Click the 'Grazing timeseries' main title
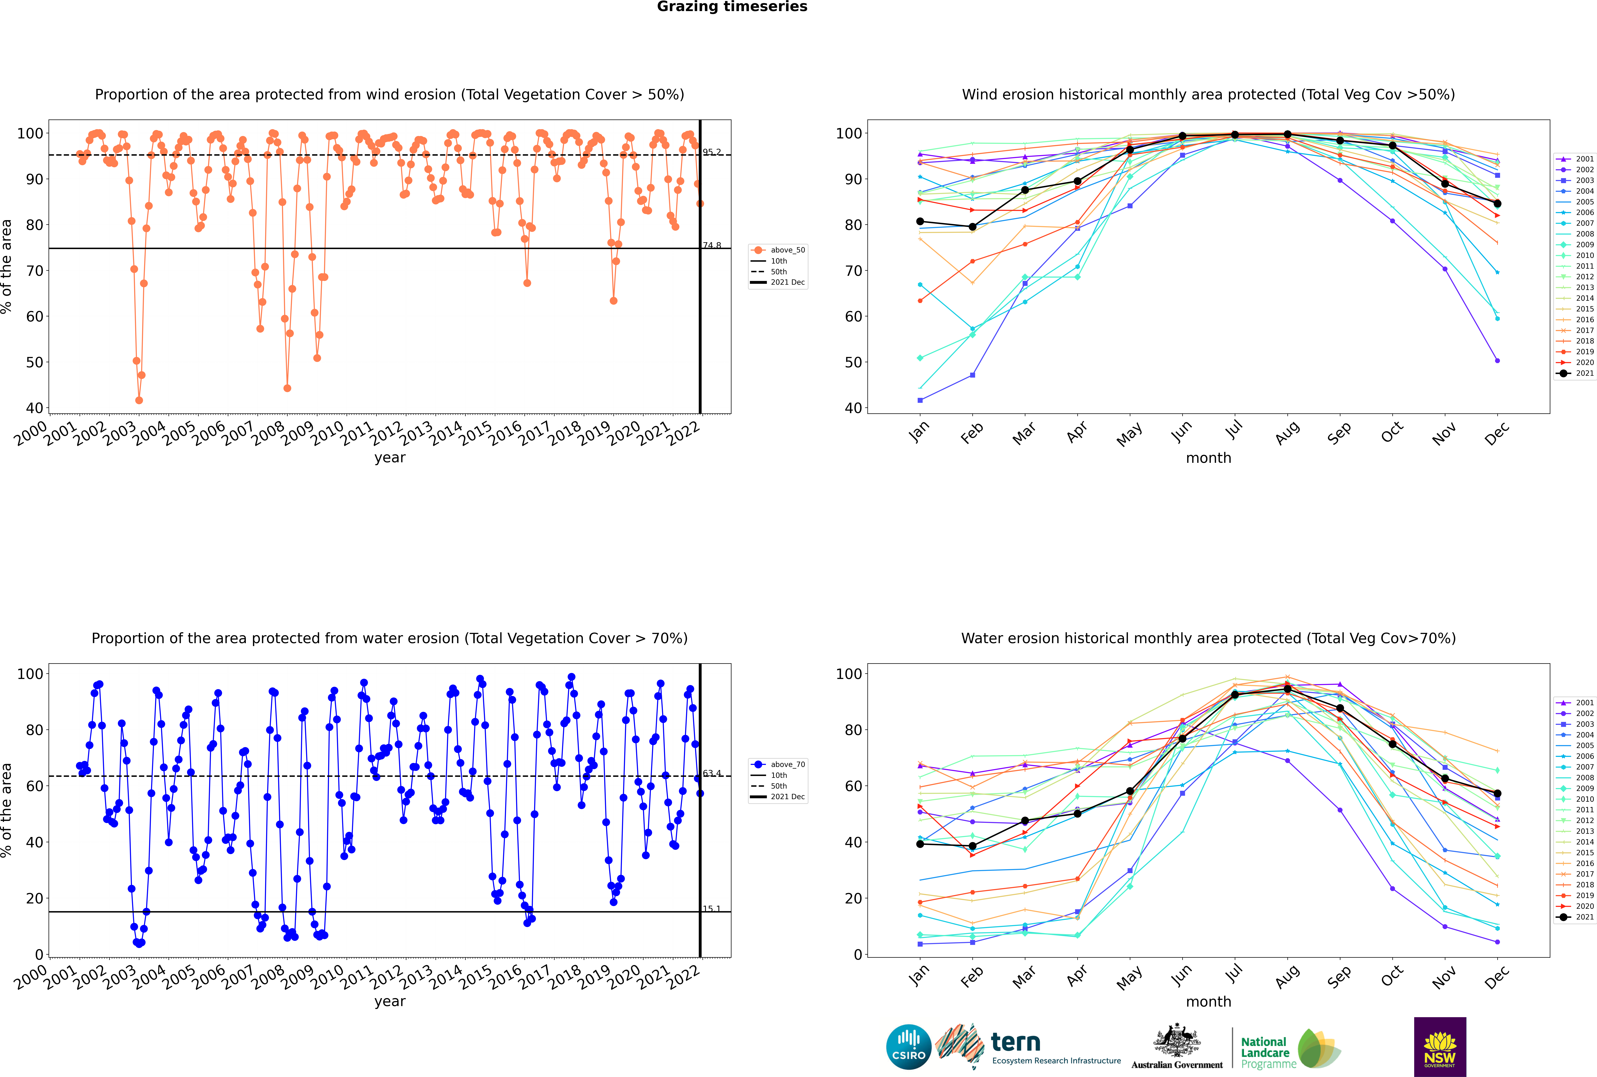pyautogui.click(x=732, y=7)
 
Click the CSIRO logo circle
pyautogui.click(x=908, y=1047)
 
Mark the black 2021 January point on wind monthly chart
pyautogui.click(x=920, y=221)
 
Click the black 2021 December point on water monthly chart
pyautogui.click(x=1497, y=793)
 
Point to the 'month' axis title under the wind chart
pyautogui.click(x=1208, y=458)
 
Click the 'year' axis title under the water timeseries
pyautogui.click(x=390, y=1001)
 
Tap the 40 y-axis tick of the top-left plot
pyautogui.click(x=34, y=408)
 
